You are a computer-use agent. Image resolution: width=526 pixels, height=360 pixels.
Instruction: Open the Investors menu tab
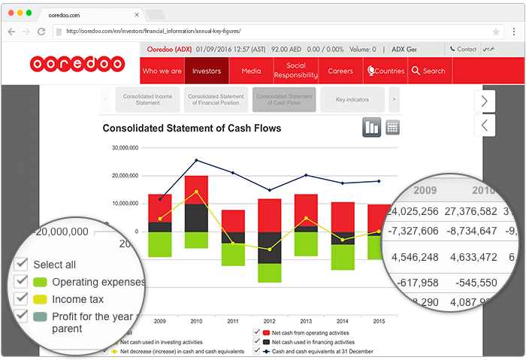(207, 71)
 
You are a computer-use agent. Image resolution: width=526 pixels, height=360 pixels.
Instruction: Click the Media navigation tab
(251, 71)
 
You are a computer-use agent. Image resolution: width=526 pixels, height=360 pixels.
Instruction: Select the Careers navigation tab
(340, 71)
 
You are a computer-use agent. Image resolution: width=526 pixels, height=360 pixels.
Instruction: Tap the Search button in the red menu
(428, 71)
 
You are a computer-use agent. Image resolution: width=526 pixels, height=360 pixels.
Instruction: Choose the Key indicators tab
(352, 99)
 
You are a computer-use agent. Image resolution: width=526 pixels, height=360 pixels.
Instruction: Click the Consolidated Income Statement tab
(148, 99)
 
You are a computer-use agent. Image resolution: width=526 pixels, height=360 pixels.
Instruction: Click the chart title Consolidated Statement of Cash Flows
(192, 129)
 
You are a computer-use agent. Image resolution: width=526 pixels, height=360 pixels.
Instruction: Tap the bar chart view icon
(372, 127)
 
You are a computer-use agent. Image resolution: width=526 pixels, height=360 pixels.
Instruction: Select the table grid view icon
(392, 127)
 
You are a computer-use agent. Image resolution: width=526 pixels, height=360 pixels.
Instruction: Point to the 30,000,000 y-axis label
(125, 148)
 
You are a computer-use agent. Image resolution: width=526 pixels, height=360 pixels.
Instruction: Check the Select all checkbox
(21, 265)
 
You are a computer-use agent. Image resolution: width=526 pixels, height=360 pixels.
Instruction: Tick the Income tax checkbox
(21, 299)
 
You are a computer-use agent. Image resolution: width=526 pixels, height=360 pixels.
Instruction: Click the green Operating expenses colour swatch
(41, 283)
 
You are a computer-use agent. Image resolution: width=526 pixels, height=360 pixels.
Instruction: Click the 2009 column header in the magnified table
(425, 190)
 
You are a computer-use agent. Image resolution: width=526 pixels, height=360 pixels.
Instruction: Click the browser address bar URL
(154, 32)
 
